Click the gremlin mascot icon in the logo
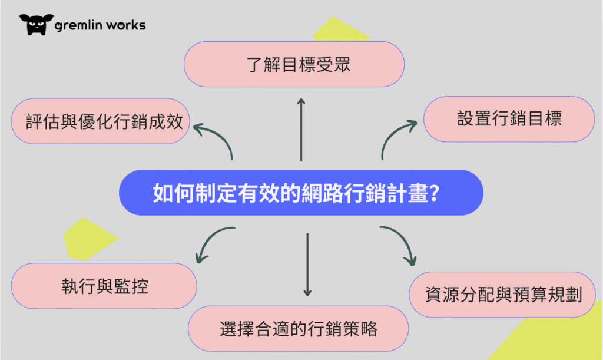36,24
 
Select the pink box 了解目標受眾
294,64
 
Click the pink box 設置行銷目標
509,119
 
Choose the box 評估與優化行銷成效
100,121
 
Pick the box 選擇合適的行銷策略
298,328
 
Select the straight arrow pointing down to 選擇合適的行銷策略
307,264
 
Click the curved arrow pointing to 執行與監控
212,242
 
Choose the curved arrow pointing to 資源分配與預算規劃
400,242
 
